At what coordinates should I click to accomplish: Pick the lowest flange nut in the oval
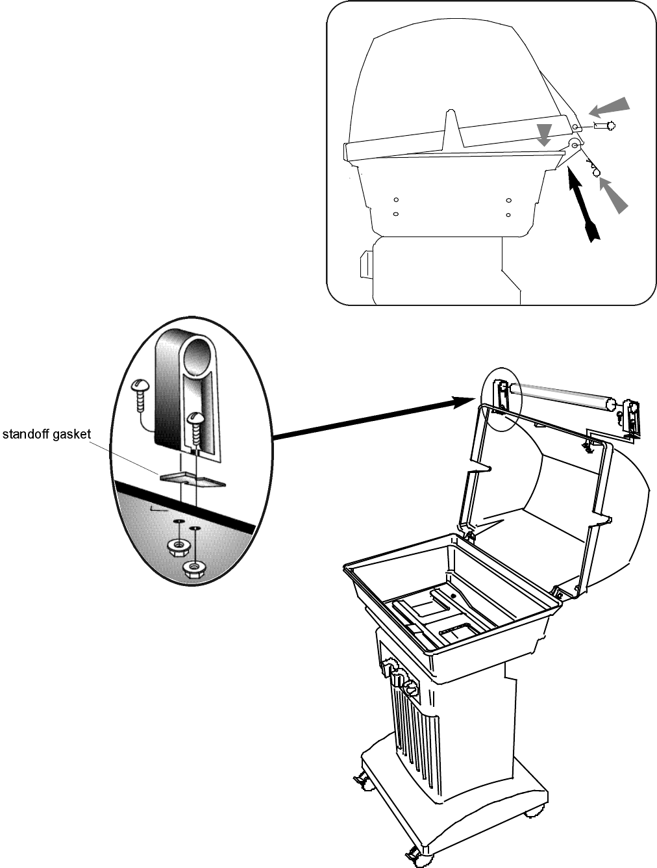click(x=193, y=568)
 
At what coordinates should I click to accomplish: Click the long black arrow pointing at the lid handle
click(x=377, y=420)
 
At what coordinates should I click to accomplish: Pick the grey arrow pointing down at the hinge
click(x=545, y=134)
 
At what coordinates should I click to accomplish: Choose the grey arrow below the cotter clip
click(x=613, y=195)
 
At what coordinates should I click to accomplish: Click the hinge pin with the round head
click(x=606, y=126)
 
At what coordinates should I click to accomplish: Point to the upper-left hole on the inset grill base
click(x=395, y=199)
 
